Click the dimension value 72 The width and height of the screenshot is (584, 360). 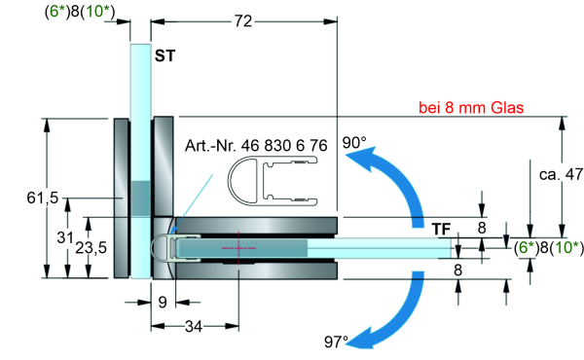(243, 21)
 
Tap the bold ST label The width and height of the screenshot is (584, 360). (165, 55)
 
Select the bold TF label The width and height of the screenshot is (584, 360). (442, 229)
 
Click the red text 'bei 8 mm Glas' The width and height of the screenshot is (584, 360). (471, 108)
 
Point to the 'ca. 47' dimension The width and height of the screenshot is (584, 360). (561, 174)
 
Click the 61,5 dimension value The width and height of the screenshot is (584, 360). (43, 198)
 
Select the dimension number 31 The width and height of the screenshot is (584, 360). (65, 237)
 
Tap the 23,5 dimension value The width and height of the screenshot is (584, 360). (91, 247)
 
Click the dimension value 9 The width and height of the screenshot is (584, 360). (163, 302)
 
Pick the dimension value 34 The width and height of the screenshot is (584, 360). (194, 327)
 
